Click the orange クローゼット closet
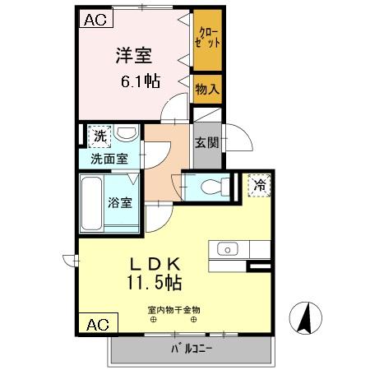point(207,40)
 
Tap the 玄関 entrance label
point(206,142)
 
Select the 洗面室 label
point(109,159)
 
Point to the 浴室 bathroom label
point(120,203)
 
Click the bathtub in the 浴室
point(92,202)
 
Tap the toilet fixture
point(210,185)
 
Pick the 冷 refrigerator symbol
point(258,186)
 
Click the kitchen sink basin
point(227,248)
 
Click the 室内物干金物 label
point(173,310)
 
